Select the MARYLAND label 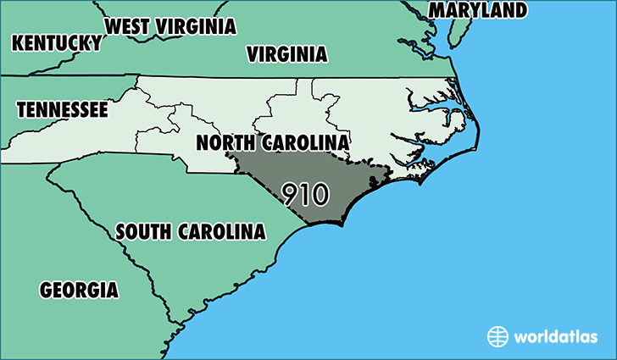point(479,10)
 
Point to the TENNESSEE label point(62,109)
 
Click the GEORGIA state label point(79,290)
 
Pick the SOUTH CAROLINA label point(190,231)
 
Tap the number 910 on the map point(305,194)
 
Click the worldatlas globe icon point(497,336)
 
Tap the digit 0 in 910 point(319,194)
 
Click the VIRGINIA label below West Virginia point(286,55)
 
